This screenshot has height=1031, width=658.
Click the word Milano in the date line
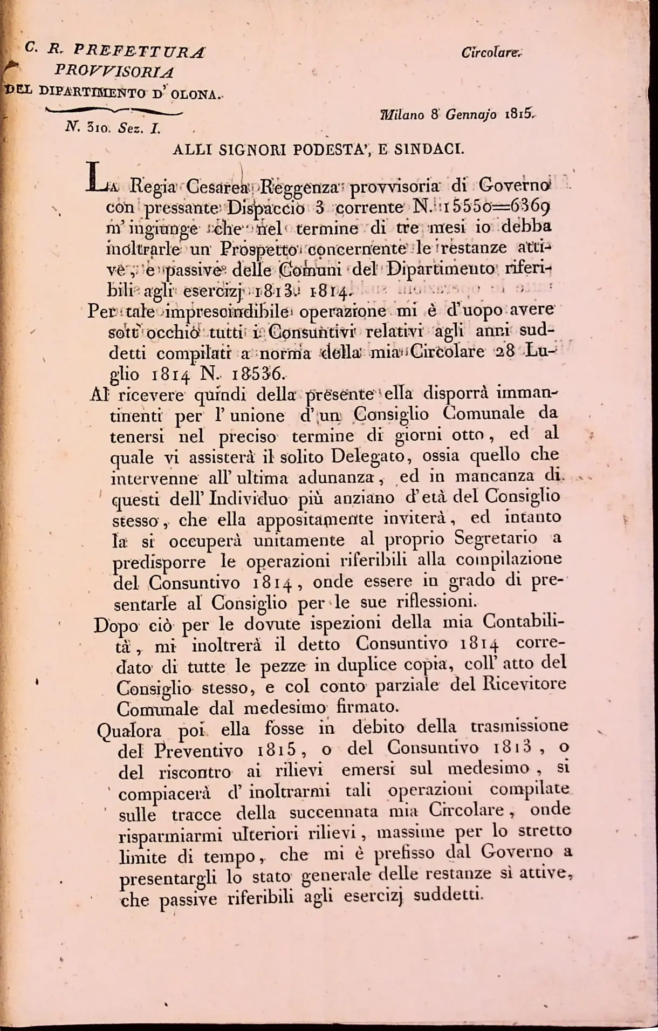point(402,115)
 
